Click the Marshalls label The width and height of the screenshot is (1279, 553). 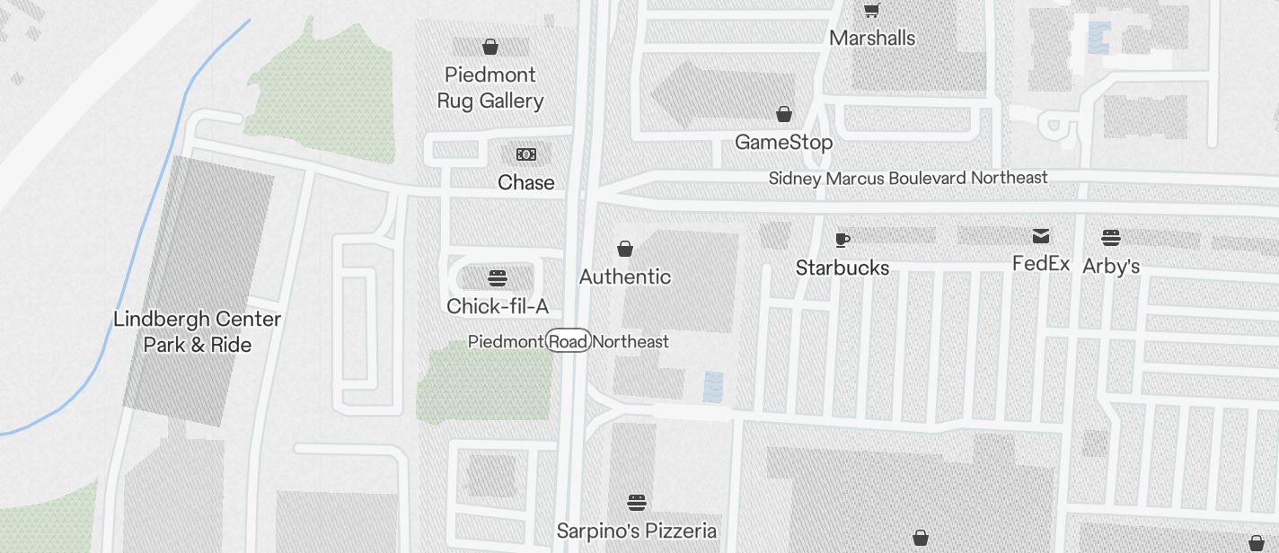(872, 39)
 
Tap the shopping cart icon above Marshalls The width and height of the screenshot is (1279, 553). (871, 10)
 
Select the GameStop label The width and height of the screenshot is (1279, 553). (783, 143)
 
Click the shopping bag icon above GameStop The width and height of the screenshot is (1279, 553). (784, 114)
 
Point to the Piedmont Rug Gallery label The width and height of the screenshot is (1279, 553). (490, 88)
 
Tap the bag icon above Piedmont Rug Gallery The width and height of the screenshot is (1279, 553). (490, 47)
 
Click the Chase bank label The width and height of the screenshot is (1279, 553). (526, 183)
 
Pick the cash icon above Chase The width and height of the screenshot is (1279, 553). (526, 154)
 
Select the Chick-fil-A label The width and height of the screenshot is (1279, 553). (498, 307)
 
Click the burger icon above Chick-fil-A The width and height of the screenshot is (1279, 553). (498, 278)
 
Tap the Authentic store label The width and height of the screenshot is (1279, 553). (625, 277)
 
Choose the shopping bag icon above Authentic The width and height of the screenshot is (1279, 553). (625, 249)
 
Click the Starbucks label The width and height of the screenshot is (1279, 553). (842, 268)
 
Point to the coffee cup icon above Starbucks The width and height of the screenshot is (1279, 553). (842, 240)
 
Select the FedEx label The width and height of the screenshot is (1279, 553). (1041, 264)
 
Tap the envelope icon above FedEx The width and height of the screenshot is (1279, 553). (1041, 236)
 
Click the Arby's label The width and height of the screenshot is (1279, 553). (1111, 267)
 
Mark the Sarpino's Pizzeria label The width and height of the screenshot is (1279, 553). (637, 531)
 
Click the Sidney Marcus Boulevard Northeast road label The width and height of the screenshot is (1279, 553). (908, 179)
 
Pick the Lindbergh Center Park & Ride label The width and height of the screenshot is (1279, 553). (198, 332)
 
